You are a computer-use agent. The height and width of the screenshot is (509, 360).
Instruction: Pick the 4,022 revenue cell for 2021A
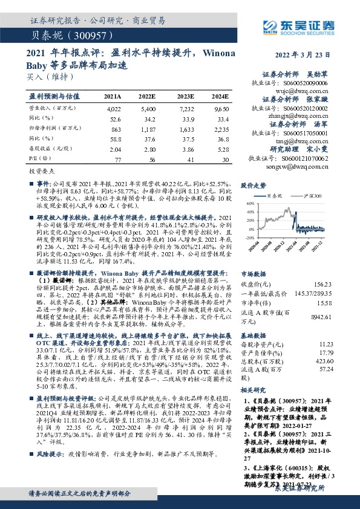tap(113, 109)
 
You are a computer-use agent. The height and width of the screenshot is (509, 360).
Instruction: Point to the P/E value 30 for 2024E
tap(225, 160)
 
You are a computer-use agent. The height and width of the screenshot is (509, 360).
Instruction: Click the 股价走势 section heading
tap(254, 185)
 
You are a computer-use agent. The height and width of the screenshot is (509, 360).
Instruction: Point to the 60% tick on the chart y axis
tap(250, 204)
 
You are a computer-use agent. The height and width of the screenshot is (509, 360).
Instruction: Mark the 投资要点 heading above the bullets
tap(42, 172)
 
